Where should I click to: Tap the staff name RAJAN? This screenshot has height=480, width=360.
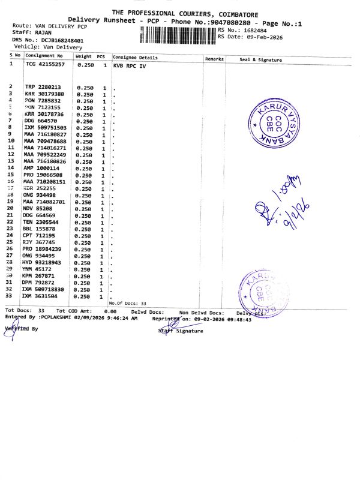tap(43, 33)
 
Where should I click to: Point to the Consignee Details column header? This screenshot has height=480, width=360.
tap(135, 58)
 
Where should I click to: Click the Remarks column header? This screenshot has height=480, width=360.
tap(214, 59)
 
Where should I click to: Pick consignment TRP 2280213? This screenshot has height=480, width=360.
tap(43, 88)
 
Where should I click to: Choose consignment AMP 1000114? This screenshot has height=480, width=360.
tap(41, 168)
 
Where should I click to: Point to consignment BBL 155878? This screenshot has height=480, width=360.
tap(40, 229)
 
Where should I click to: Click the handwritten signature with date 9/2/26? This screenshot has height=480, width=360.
tap(282, 202)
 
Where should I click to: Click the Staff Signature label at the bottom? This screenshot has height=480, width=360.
tap(181, 331)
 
